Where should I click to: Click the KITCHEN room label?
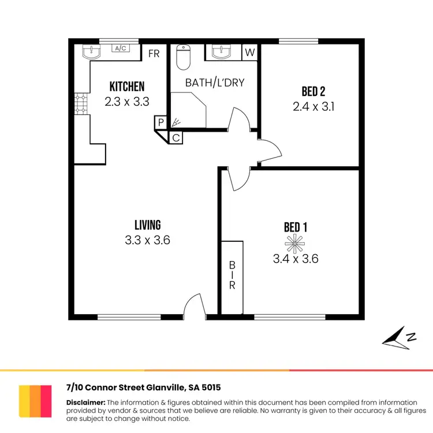[127, 87]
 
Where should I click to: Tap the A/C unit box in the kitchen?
[121, 48]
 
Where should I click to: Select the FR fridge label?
[154, 54]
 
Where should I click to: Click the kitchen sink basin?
[92, 52]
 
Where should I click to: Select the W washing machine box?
[249, 52]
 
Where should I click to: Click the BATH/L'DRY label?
[215, 83]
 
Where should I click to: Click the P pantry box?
[160, 123]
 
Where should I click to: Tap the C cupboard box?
[176, 137]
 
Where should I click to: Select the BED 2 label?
[313, 92]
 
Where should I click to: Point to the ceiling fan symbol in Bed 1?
[295, 244]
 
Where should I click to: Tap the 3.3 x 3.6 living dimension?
[147, 240]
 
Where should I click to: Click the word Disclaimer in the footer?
[85, 402]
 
